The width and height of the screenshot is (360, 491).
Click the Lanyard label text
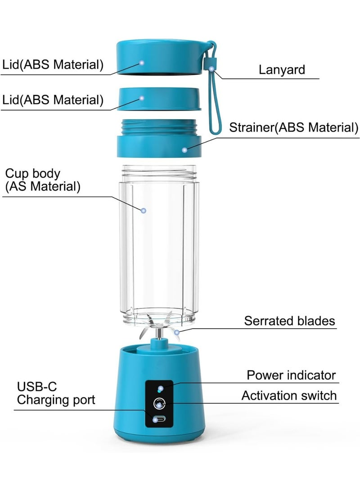pyautogui.click(x=282, y=70)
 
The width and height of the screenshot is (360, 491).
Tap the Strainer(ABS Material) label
pyautogui.click(x=294, y=127)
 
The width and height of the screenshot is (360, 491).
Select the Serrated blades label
pyautogui.click(x=289, y=321)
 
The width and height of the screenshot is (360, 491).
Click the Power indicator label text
pyautogui.click(x=291, y=375)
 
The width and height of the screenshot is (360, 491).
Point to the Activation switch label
pyautogui.click(x=289, y=396)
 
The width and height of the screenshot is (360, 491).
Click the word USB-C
pyautogui.click(x=37, y=387)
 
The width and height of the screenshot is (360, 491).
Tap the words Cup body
pyautogui.click(x=32, y=173)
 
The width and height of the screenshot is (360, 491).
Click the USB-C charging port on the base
pyautogui.click(x=159, y=419)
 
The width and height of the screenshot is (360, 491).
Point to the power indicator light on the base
pyautogui.click(x=160, y=389)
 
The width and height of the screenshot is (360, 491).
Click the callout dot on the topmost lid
pyautogui.click(x=142, y=62)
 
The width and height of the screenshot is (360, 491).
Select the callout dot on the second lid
pyautogui.click(x=142, y=98)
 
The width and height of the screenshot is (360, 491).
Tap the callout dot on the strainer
pyautogui.click(x=184, y=150)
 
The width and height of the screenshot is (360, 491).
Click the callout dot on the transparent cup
pyautogui.click(x=144, y=211)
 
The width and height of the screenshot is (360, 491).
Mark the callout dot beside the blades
pyautogui.click(x=177, y=332)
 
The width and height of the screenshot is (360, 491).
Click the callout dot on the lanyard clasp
pyautogui.click(x=212, y=69)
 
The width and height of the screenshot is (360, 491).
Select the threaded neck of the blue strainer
pyautogui.click(x=159, y=127)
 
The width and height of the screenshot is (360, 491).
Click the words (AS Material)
pyautogui.click(x=43, y=186)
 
